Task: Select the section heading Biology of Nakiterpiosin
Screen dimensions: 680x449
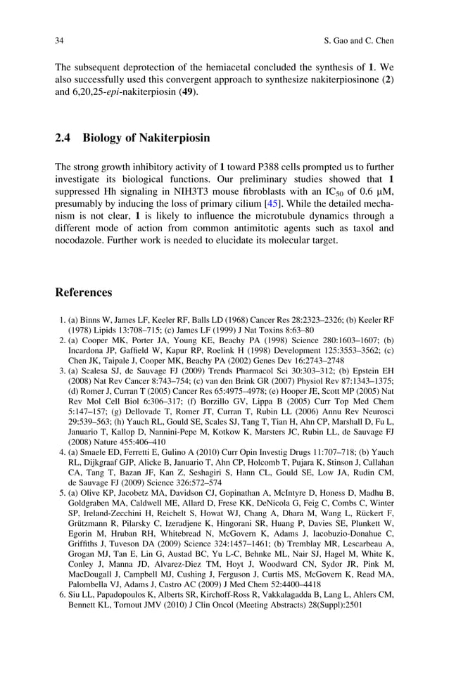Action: point(146,138)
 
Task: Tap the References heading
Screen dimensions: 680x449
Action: point(84,292)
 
